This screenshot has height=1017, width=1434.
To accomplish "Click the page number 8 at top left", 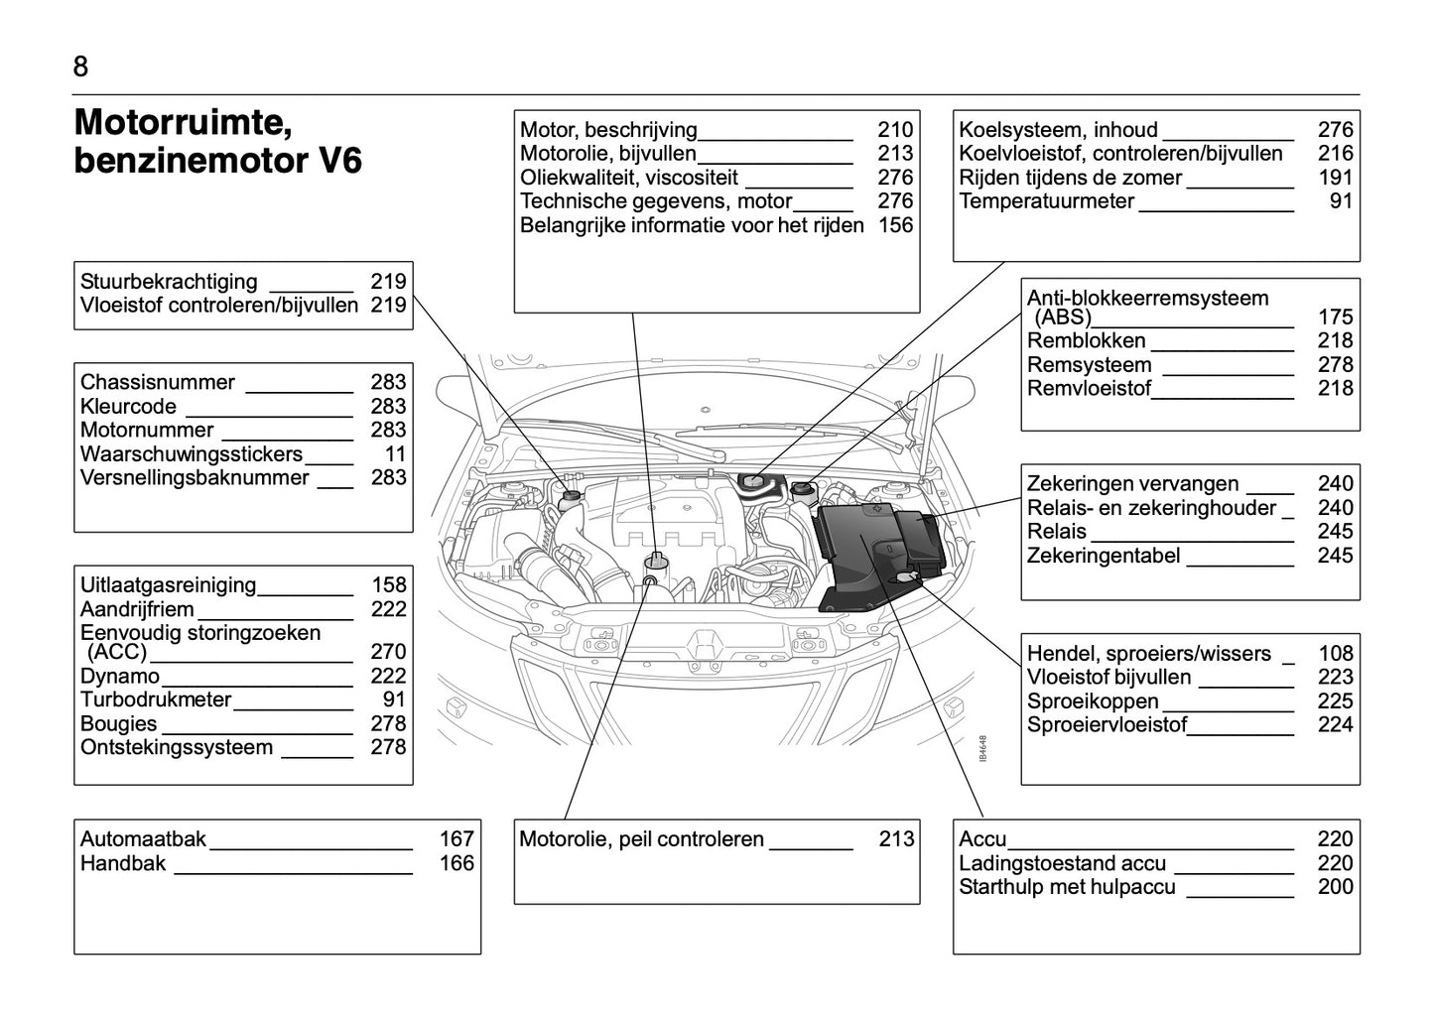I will pos(80,66).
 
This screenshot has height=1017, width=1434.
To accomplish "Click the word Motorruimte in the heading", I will pos(183,123).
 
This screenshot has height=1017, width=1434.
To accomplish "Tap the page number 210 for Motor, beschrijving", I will pos(895,130).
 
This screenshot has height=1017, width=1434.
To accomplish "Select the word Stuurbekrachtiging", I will pos(169,282).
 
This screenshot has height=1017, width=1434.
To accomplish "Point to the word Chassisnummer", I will pos(158,383).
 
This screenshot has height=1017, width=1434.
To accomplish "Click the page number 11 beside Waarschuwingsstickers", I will pos(395,454).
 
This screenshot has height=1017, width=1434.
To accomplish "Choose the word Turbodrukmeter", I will pos(156,699).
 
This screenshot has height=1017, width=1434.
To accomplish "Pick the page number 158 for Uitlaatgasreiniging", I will pos(389,585).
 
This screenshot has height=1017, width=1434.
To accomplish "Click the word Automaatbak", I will pos(143,839).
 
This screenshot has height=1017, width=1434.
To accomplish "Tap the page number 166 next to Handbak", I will pos(456,863).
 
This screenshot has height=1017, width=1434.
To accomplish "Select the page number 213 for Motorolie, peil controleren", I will pos(896,839).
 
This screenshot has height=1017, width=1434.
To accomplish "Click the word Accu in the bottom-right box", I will pos(982,839).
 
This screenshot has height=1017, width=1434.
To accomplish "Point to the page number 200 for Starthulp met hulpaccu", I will pos(1336,887).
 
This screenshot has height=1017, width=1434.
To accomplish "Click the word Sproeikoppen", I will pos(1093,701).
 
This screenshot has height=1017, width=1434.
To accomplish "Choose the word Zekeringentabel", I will pos(1104,556).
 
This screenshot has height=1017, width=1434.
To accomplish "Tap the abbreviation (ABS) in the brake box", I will pos(1063,318).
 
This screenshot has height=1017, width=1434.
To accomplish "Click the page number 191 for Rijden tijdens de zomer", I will pos(1336,178).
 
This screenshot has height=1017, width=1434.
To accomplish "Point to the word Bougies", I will pos(119,723).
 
